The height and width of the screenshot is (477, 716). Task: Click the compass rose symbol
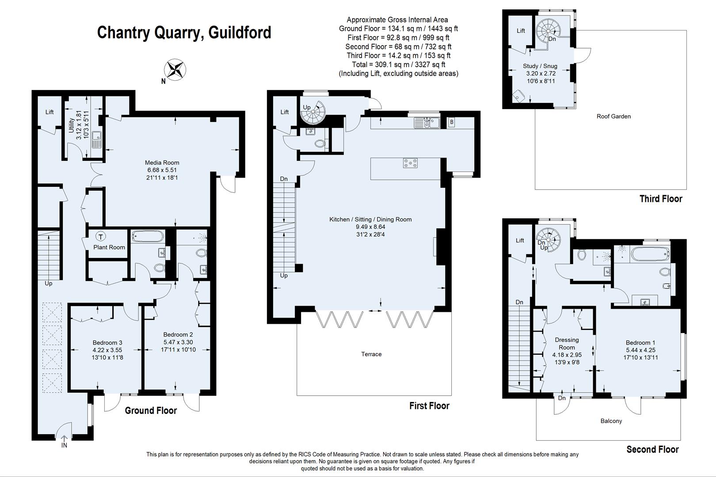175,69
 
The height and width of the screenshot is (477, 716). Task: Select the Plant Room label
109,247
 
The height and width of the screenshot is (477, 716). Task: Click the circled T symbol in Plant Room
101,237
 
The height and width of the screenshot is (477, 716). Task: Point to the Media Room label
162,163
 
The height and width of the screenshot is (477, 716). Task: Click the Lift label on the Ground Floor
50,112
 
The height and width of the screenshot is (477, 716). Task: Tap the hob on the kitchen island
410,163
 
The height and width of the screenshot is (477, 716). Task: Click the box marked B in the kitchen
451,122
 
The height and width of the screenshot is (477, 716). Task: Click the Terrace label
371,354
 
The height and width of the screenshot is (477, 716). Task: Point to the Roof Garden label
613,117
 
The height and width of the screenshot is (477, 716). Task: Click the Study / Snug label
540,66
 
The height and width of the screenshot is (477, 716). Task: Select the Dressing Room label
567,343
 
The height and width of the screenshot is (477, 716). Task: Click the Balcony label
611,421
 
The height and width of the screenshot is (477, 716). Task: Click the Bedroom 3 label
107,343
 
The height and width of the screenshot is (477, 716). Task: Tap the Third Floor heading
661,199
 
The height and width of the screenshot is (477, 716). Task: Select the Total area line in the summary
398,64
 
